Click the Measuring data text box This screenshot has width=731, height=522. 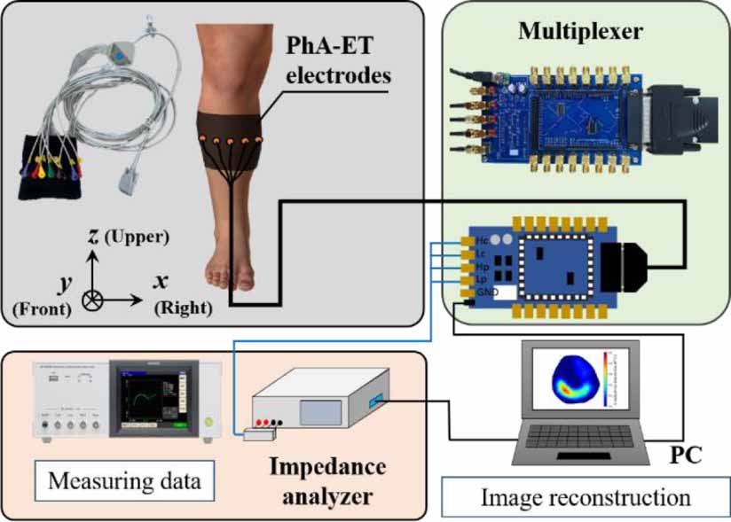pos(123,482)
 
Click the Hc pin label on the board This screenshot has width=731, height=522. pos(483,240)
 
